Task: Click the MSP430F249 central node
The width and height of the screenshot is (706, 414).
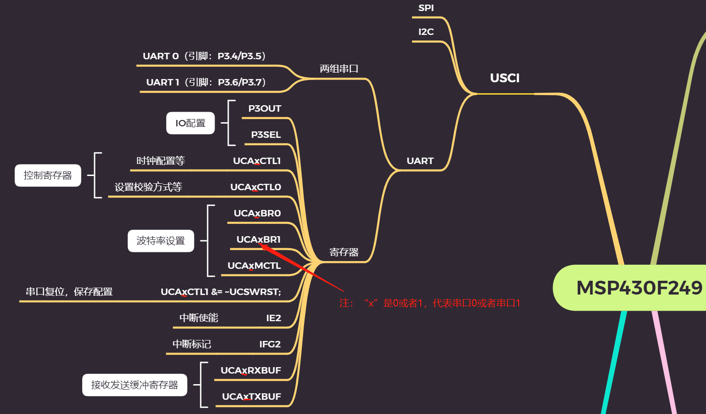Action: click(x=638, y=288)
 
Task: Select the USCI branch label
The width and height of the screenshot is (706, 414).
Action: click(x=504, y=78)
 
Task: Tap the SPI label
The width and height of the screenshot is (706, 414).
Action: click(x=426, y=8)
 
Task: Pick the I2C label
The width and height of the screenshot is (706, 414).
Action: click(x=426, y=32)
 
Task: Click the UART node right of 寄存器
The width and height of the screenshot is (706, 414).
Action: click(x=420, y=161)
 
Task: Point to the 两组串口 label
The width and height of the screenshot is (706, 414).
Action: click(x=339, y=69)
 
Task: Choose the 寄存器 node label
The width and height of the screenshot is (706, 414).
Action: click(x=344, y=252)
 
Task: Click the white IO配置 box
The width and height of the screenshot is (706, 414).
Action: click(x=190, y=123)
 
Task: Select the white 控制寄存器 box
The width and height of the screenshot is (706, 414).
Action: click(x=48, y=176)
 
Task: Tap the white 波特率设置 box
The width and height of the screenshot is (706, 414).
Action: click(x=161, y=241)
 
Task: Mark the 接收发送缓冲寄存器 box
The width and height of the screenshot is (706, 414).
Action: click(x=135, y=385)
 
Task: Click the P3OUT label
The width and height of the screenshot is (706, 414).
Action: click(x=265, y=108)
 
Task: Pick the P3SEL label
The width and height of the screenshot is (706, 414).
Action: click(x=265, y=135)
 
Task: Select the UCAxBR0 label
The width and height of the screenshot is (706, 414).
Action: click(x=257, y=213)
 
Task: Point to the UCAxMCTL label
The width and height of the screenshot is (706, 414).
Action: click(x=254, y=266)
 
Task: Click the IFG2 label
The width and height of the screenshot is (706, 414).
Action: click(x=270, y=344)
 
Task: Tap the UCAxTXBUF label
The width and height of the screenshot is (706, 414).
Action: click(x=251, y=397)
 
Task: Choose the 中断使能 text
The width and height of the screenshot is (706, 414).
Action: click(x=198, y=318)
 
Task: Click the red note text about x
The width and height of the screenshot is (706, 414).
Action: click(x=429, y=303)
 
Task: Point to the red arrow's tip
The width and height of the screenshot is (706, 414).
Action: click(x=261, y=245)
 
